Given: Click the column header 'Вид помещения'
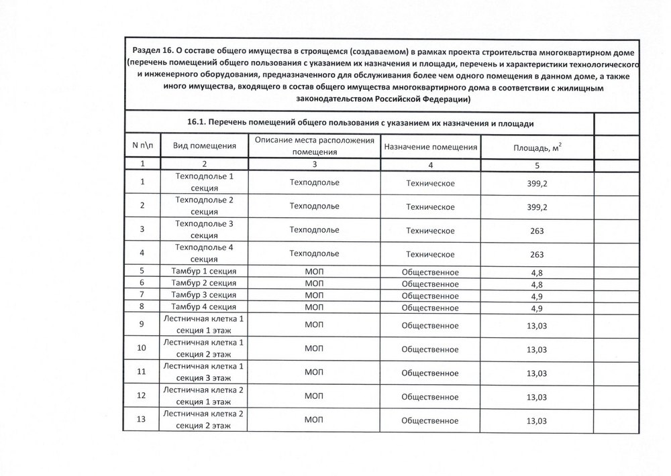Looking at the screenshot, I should point(205,146).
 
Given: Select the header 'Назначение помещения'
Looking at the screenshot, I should point(431,146).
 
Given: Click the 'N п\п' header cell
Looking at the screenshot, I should point(142,146).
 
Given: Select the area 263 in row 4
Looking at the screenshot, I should point(535,255).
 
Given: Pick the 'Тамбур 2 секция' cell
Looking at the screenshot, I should point(203,284).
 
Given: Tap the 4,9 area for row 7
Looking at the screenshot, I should point(537,295).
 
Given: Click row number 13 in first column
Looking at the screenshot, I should point(142,421).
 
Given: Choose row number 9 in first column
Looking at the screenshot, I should point(142,324).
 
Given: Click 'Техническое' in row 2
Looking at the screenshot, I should point(430,206).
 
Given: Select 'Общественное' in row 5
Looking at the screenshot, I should point(429,272).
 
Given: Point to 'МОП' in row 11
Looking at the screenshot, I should point(313,373).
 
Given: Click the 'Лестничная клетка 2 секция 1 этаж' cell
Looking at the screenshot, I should point(203,396).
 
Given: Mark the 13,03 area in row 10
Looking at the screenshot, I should point(537,349).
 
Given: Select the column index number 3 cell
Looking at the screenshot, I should point(313,164).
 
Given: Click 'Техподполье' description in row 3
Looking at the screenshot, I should point(313,231).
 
